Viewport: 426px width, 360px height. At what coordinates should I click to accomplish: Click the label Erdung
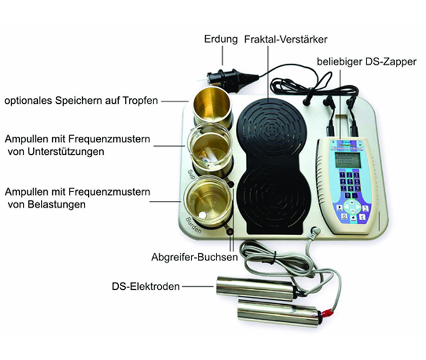[221, 39]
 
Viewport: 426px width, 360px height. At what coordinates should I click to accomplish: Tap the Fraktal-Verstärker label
[286, 40]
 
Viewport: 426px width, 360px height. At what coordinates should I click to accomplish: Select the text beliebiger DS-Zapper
[367, 62]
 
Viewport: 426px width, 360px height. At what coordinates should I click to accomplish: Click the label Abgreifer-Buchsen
[194, 257]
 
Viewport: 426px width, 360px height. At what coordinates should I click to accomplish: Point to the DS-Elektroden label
[146, 286]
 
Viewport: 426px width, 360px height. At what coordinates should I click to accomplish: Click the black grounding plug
[228, 77]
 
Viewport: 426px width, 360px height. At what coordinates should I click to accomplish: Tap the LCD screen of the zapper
[348, 160]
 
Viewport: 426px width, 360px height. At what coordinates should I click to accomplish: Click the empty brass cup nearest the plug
[212, 107]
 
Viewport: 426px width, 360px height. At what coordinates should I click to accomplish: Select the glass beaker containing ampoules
[210, 149]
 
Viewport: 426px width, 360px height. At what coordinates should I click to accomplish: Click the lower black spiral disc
[274, 200]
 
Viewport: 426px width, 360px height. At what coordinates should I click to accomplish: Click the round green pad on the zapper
[352, 207]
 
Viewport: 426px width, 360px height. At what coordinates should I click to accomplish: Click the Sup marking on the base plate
[191, 174]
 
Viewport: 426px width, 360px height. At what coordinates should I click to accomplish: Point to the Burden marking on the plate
[193, 225]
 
